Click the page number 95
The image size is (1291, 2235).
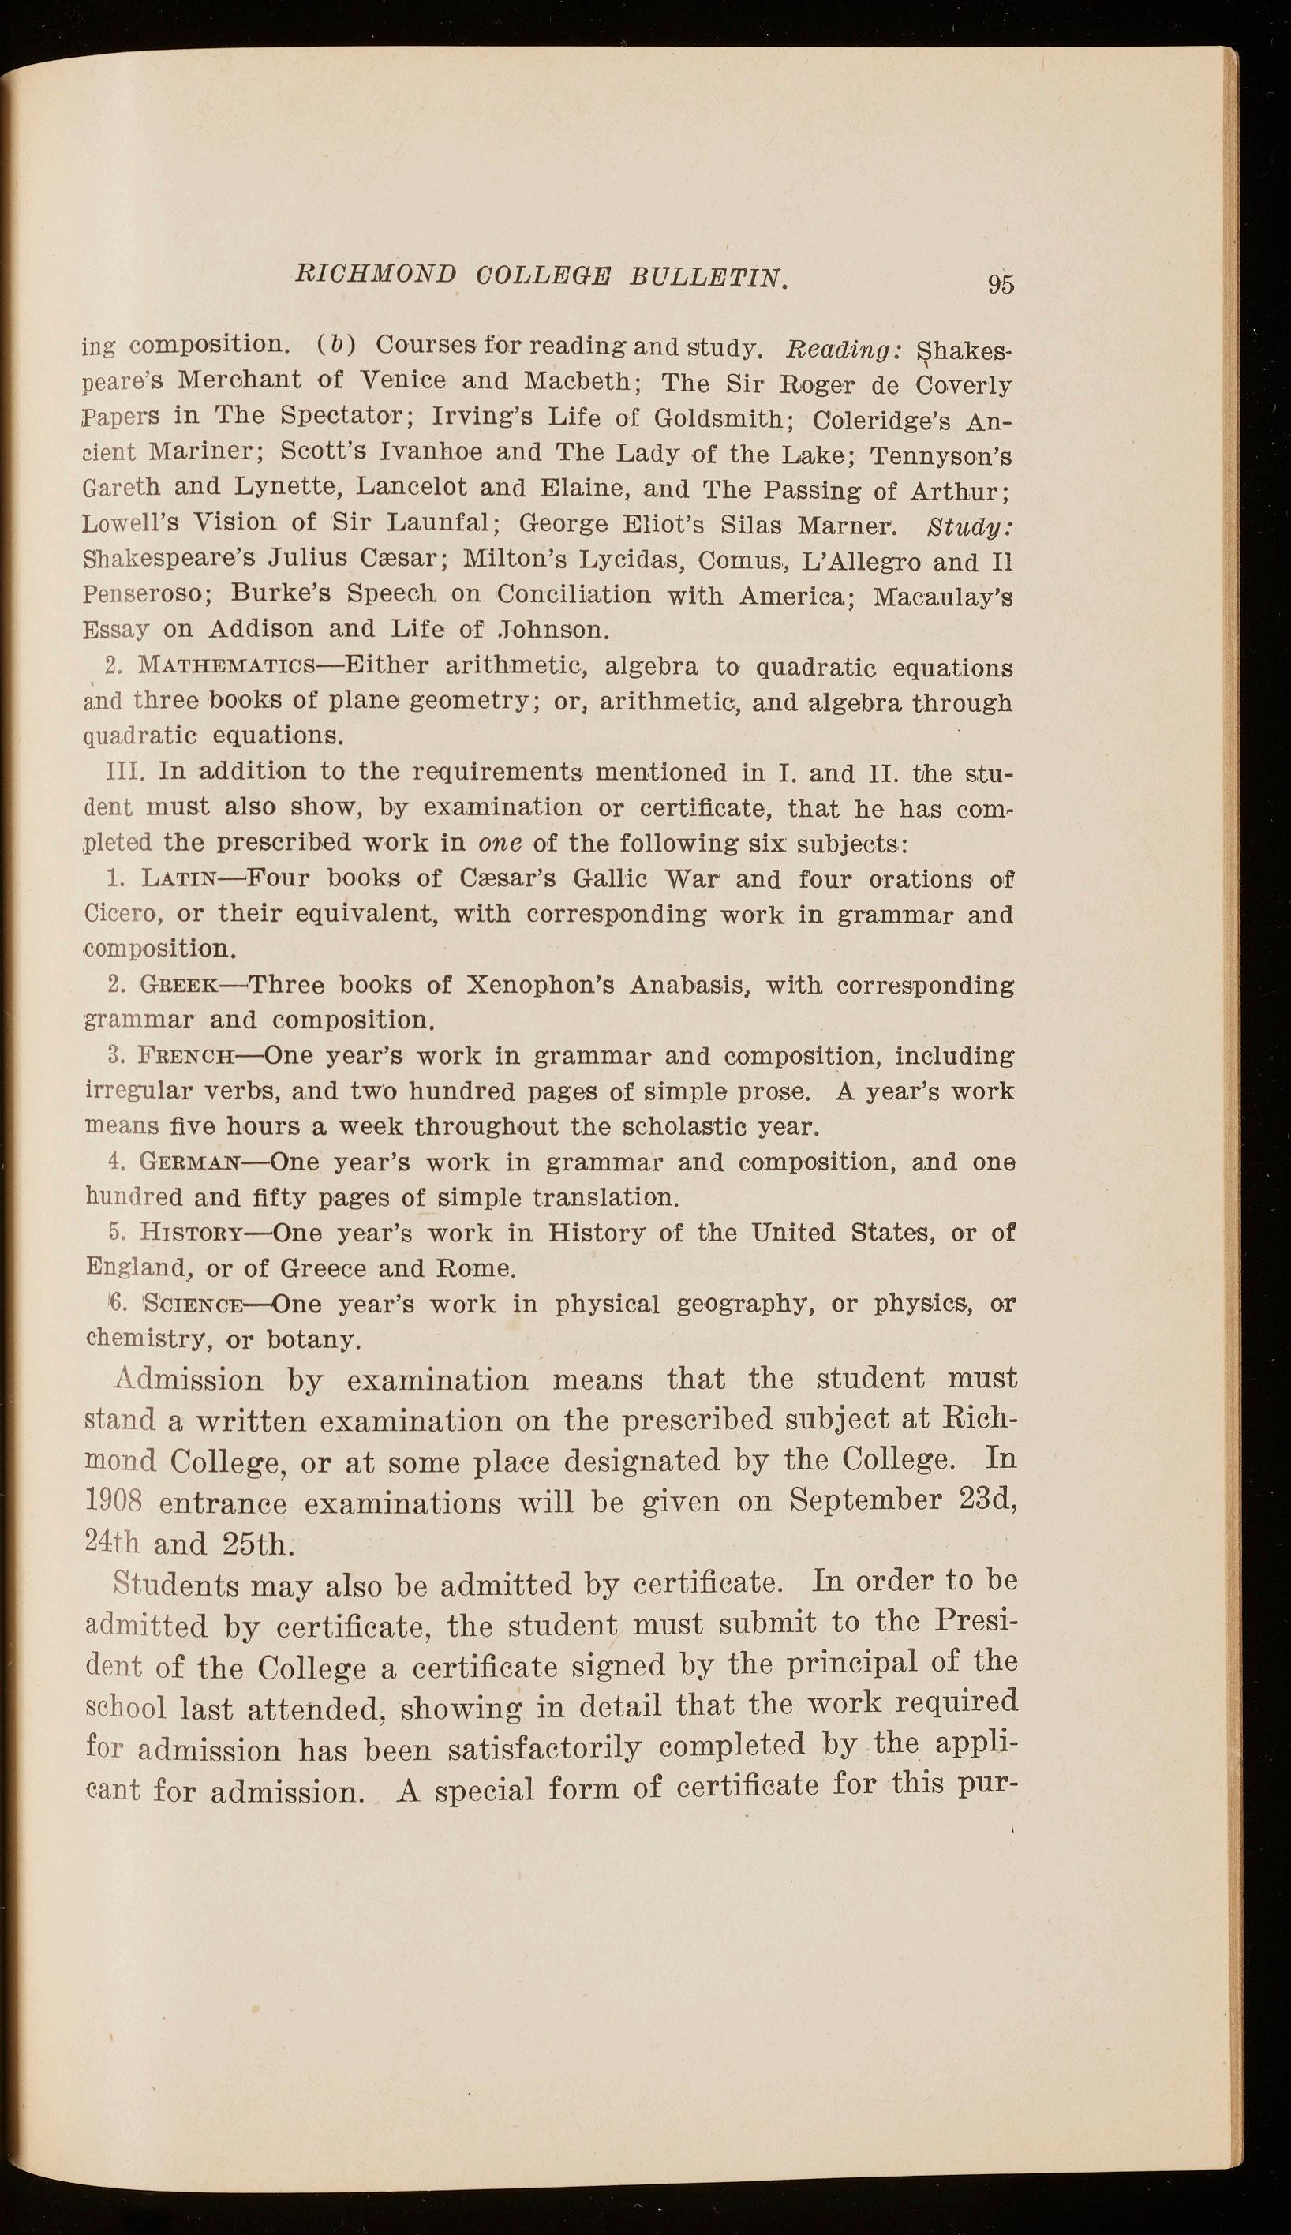(x=1000, y=283)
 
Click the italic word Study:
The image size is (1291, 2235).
(x=968, y=527)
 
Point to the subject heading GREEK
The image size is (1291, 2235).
(x=177, y=985)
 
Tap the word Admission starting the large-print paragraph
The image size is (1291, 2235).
(x=189, y=1380)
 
